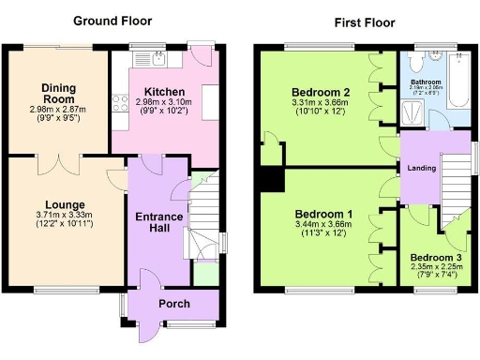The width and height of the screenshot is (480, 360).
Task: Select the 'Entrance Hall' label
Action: point(158,224)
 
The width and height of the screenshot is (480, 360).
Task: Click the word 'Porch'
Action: point(174,304)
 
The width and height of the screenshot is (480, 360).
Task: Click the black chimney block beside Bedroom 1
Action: point(271,178)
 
